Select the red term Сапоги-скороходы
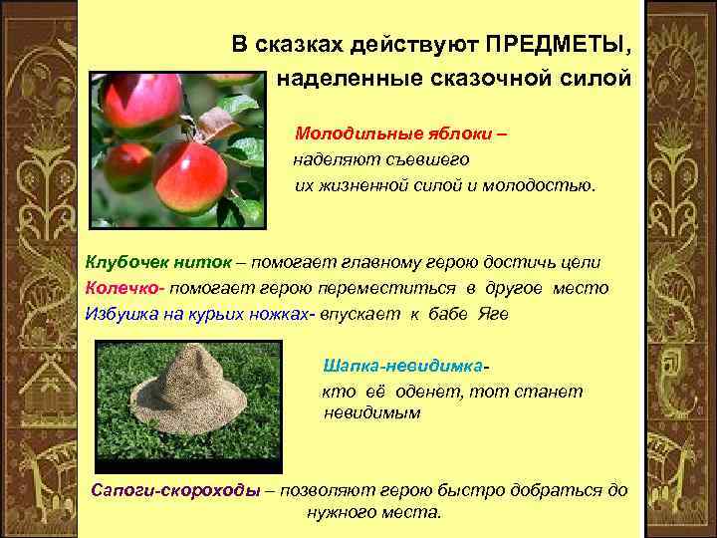click(x=176, y=490)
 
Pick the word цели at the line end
click(x=579, y=262)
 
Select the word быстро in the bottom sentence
click(x=464, y=490)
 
